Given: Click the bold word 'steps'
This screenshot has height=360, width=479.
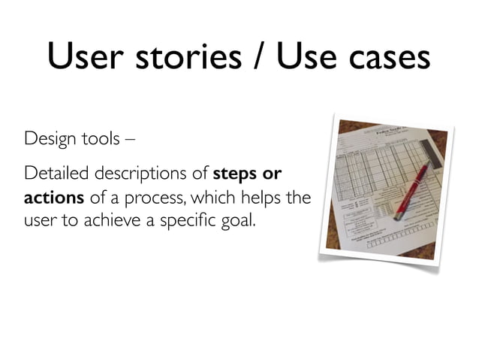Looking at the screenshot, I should (236, 175).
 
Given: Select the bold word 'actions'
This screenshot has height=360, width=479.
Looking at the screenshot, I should (50, 199).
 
